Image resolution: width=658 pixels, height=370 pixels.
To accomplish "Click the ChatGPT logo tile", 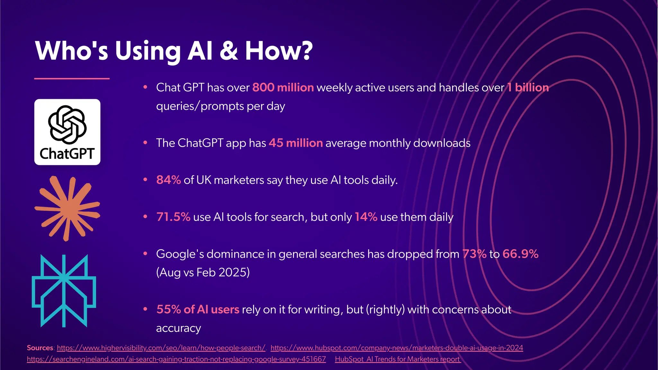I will (67, 132).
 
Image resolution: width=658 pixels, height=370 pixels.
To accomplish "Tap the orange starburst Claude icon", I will (67, 208).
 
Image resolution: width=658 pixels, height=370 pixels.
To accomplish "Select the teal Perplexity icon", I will (64, 291).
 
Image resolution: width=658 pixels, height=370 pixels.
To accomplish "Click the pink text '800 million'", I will (283, 87).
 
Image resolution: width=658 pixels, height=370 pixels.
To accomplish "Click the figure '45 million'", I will (296, 143).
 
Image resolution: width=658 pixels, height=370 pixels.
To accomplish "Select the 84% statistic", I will (168, 180).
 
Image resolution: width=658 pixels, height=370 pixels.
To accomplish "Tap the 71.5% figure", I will (173, 217).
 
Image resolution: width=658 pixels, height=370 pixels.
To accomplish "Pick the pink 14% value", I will (366, 217).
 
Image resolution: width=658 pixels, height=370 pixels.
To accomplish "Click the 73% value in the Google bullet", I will (474, 254).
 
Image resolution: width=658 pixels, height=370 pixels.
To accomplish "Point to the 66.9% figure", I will (520, 254).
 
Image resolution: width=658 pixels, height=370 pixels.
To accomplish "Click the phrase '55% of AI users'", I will (198, 309).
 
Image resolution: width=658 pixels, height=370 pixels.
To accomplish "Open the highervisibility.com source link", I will (161, 348).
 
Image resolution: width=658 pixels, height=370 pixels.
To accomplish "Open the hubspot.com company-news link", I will (396, 348).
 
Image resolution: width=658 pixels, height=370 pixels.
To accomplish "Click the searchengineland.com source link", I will (176, 359).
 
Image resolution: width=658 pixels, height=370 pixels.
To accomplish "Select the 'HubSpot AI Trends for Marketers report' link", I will (397, 359).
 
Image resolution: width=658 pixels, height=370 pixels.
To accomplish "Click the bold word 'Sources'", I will (40, 348).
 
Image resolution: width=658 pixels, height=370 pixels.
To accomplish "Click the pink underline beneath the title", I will (72, 78).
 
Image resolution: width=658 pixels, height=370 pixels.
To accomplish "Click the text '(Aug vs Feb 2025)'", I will (203, 272).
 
